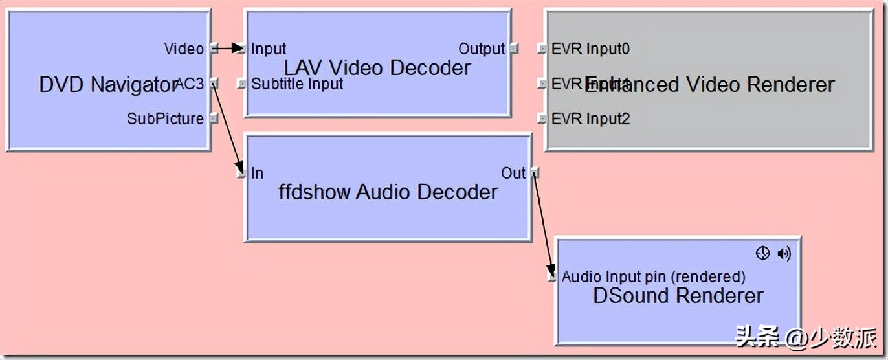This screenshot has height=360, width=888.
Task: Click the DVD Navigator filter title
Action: pos(107,85)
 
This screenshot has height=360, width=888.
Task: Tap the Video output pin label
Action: pos(184,49)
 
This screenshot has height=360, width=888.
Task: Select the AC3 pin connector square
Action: pos(214,84)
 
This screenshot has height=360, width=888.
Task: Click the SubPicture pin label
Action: pos(165,118)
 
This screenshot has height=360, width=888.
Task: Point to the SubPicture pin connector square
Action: pos(214,118)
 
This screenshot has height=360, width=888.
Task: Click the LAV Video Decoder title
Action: pos(377,67)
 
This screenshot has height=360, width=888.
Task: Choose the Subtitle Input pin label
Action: pos(297,84)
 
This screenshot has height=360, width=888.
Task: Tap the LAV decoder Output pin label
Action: pos(482,49)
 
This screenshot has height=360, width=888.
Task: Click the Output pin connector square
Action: pos(513,49)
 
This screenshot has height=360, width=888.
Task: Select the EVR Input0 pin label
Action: pos(591,49)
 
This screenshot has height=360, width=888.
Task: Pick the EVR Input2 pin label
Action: pos(591,118)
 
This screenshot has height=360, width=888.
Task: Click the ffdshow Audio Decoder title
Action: pos(388,192)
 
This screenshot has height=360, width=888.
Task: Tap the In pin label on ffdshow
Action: pos(257,173)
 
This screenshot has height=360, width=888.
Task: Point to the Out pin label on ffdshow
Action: pos(513,173)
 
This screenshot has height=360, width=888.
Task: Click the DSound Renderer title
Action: pos(678,297)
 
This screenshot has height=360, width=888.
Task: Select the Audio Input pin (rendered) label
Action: pos(654,277)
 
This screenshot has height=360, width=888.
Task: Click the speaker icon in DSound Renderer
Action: pos(784,254)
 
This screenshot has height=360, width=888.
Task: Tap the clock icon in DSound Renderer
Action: pos(763,254)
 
